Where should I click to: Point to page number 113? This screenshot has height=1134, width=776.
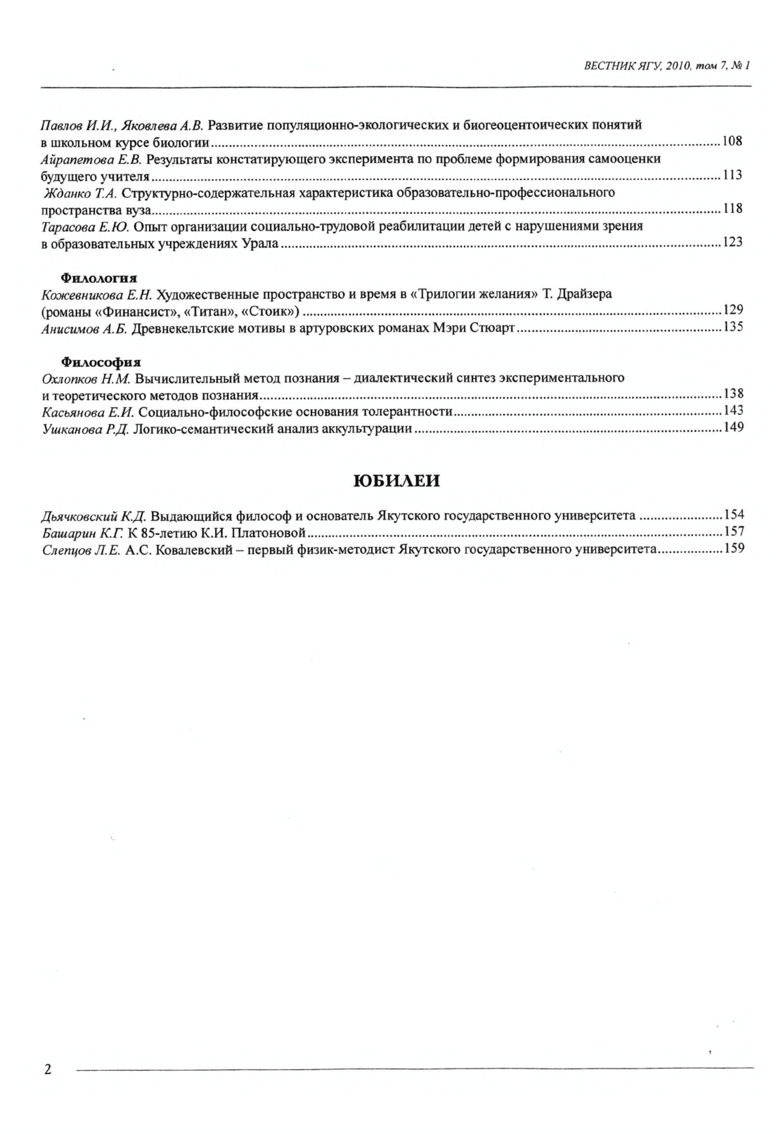click(x=732, y=176)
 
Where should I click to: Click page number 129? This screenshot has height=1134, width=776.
click(x=732, y=311)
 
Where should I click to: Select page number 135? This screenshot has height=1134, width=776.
click(x=732, y=328)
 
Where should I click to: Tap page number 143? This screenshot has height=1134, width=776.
click(x=733, y=411)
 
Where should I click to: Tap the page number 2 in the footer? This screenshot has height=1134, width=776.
click(x=48, y=1070)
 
